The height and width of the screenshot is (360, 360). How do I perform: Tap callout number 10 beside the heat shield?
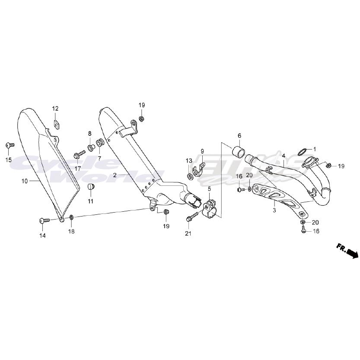(x=25, y=182)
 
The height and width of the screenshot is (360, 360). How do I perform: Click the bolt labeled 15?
(x=9, y=145)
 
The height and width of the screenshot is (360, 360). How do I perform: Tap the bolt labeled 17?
(x=80, y=153)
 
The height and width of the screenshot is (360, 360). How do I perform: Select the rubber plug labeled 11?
(x=91, y=187)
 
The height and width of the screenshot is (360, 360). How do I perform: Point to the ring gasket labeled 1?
(x=303, y=152)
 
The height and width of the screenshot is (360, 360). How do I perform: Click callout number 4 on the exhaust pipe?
(x=284, y=155)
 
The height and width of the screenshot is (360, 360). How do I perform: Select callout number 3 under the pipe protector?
(x=274, y=210)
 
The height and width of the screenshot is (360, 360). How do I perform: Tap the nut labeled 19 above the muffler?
(x=142, y=119)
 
